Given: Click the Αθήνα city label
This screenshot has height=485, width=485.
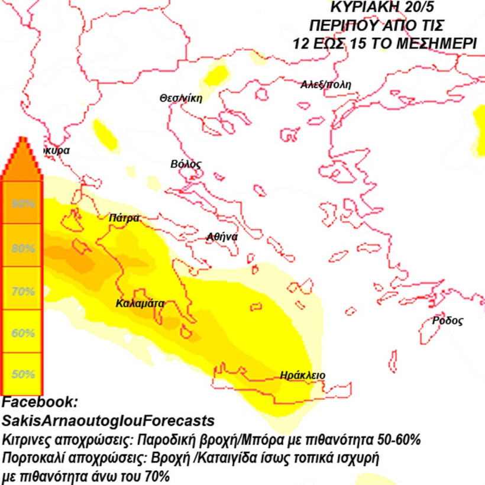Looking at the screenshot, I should coord(222,237).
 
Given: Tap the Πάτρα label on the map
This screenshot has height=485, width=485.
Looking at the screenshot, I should coord(124,218).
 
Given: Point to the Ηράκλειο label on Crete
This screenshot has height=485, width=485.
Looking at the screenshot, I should coord(302,375).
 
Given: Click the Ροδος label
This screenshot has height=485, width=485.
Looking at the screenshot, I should coord(447,321).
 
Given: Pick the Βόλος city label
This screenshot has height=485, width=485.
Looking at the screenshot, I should coord(186,164).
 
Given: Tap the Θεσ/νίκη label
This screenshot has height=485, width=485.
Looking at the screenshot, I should coord(180,98).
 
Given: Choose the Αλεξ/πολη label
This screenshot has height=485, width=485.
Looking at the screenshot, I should coord(326,85).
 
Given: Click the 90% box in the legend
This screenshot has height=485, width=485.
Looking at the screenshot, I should coord(22,203).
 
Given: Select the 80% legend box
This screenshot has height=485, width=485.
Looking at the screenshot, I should coord(22,247).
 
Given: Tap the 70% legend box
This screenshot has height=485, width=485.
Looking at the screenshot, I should coord(22,290).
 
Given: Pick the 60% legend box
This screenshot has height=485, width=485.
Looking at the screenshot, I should coord(22,332).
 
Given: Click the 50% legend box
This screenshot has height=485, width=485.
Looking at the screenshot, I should coord(22,374).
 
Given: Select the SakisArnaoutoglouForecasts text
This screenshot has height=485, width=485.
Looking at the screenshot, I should coord(108,421).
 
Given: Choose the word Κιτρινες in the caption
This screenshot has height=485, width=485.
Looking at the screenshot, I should coord(26,440).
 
